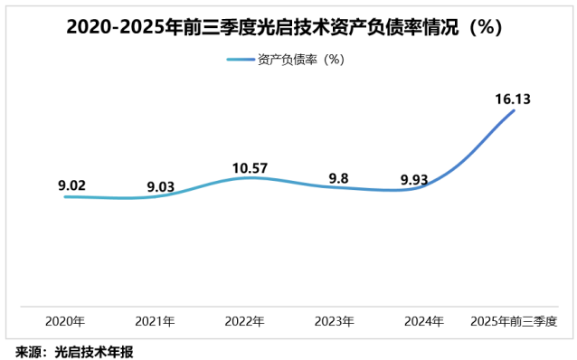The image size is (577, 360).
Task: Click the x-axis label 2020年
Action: [x=65, y=321]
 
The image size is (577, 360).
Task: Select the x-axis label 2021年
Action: [x=155, y=321]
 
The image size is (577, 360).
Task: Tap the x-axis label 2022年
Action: [x=244, y=321]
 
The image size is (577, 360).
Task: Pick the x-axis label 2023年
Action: [x=334, y=321]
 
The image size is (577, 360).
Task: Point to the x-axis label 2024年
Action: [x=423, y=321]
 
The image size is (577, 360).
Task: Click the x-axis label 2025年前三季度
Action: [x=513, y=321]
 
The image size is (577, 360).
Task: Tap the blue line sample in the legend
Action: [x=240, y=60]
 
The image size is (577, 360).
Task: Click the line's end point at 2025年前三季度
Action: [x=514, y=110]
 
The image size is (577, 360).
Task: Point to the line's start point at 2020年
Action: [x=65, y=196]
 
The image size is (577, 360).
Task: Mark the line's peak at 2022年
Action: [x=245, y=177]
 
